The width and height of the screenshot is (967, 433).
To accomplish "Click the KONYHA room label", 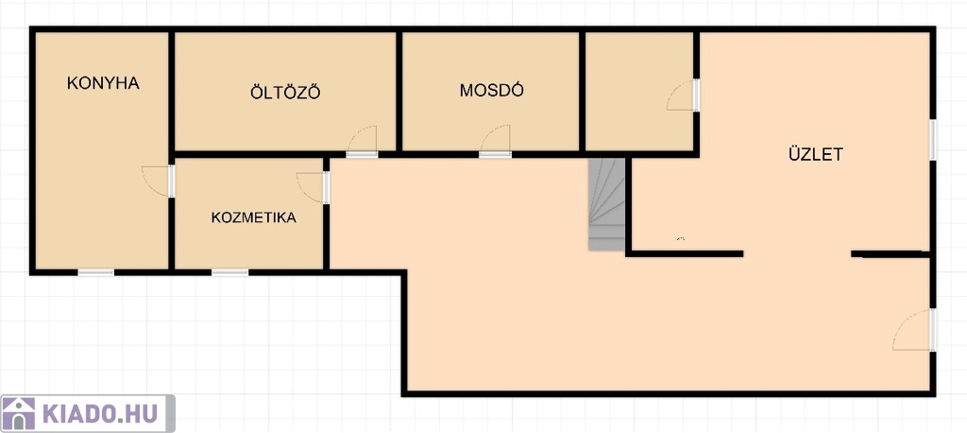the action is pyautogui.click(x=103, y=83).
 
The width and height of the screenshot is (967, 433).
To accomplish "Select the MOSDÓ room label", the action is pyautogui.click(x=491, y=90).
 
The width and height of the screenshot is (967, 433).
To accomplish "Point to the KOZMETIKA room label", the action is pyautogui.click(x=253, y=217).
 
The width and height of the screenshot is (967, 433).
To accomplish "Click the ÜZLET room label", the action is pyautogui.click(x=815, y=154).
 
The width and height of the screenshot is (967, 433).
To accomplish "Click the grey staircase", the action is pyautogui.click(x=607, y=204).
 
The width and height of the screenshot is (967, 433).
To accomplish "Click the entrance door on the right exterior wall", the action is pyautogui.click(x=914, y=330).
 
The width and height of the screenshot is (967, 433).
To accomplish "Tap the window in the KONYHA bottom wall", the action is pyautogui.click(x=95, y=272).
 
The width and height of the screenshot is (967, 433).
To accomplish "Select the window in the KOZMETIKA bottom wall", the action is pyautogui.click(x=230, y=272).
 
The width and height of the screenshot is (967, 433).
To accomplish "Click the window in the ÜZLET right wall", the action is pyautogui.click(x=933, y=140).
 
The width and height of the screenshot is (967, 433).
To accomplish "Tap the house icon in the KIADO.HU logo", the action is pyautogui.click(x=19, y=413).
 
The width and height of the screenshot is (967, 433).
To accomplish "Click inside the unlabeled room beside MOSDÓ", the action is pyautogui.click(x=638, y=91).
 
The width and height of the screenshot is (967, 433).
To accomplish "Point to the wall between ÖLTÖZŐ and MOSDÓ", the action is pyautogui.click(x=399, y=91).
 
